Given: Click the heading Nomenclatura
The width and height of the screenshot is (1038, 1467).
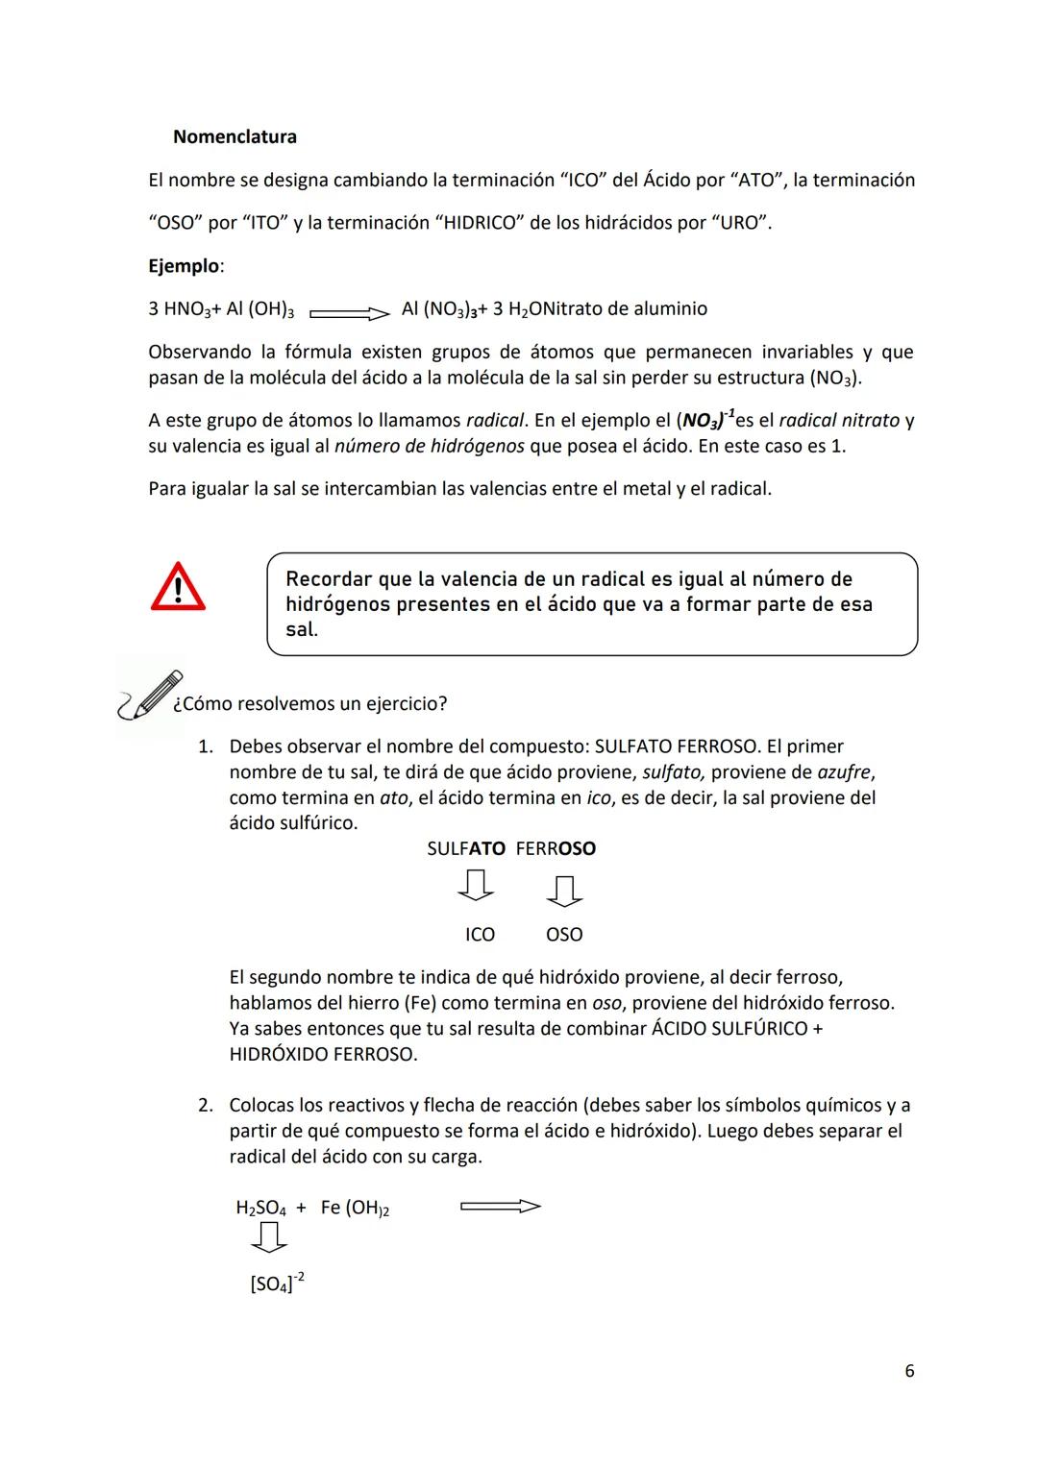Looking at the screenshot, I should click(235, 136).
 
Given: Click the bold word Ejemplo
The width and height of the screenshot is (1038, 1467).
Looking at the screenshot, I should click(183, 266).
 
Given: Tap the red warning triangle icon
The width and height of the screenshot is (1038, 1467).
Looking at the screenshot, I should click(178, 588).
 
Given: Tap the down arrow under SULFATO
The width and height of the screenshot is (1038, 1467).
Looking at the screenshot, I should click(475, 886).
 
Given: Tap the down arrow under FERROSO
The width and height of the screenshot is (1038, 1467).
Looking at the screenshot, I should click(564, 891).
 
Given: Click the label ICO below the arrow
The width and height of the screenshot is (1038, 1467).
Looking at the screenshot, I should click(480, 935).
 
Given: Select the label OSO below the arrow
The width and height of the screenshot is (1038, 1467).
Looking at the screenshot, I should click(564, 935).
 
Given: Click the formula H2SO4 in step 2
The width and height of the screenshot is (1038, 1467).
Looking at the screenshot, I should click(260, 1209).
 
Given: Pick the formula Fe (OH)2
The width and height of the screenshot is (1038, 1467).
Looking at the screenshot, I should click(355, 1209).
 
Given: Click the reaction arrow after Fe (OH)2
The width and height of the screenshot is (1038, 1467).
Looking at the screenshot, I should click(501, 1207).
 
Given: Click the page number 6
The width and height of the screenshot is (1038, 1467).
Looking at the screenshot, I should click(909, 1371).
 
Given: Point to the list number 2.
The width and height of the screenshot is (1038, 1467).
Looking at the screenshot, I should click(205, 1106).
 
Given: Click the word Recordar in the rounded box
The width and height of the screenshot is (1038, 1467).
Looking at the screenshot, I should click(329, 579).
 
